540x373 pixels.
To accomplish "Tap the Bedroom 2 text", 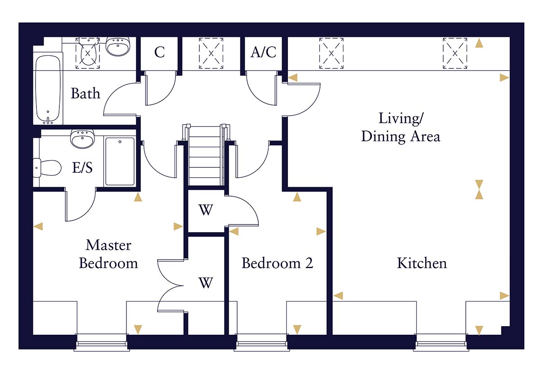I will [277, 263].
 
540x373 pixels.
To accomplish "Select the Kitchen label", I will [422, 263].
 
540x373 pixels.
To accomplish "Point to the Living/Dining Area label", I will [400, 127].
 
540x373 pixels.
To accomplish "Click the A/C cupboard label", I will [263, 53].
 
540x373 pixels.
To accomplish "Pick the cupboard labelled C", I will [159, 53].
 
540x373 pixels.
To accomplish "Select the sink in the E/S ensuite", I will [82, 139].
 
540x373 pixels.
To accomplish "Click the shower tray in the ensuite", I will [120, 162].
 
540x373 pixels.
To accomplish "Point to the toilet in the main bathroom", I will [88, 53].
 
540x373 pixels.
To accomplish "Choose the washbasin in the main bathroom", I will [118, 46].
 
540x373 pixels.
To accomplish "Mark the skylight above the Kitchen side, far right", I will [455, 53].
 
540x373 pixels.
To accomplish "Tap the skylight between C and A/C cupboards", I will [211, 53].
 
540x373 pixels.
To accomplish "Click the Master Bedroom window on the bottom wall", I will [101, 343].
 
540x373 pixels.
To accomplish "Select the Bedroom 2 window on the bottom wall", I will [261, 343].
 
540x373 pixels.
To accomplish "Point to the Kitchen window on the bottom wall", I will [441, 343].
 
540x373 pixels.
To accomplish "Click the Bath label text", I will [85, 94].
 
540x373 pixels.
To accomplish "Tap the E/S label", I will [83, 168].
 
